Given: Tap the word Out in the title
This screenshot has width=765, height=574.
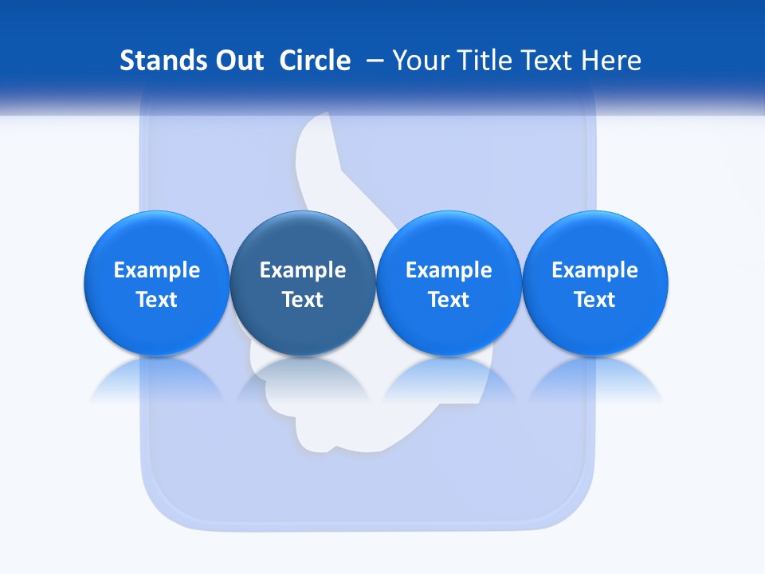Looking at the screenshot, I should click(x=237, y=61).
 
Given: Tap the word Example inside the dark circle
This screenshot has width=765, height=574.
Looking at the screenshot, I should click(x=303, y=270).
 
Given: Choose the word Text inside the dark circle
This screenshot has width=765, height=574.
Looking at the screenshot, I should click(x=303, y=300).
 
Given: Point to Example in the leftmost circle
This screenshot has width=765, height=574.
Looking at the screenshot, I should click(x=156, y=270).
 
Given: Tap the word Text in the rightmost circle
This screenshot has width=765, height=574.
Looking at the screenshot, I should click(x=595, y=300).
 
